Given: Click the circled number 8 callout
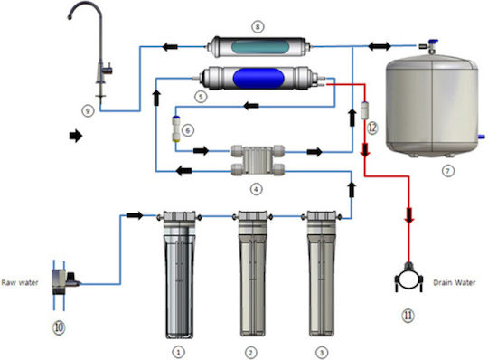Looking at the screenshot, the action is coord(258,27).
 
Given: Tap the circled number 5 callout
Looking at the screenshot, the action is coord(201,97).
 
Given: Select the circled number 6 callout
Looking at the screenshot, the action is coord(188,130).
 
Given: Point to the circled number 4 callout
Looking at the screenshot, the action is coord(256,189).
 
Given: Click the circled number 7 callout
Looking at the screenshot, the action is coord(448,171).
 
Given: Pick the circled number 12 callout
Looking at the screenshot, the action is coord(372,128).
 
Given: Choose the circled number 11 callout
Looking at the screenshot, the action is coord(408,316).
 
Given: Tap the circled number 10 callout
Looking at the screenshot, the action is coord(59,327).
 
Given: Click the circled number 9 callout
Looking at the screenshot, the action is coord(88,111).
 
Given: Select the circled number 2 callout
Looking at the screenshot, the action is coord(250,353).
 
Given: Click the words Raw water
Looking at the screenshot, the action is coord(20,283).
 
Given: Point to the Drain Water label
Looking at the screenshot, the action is coord(455,283).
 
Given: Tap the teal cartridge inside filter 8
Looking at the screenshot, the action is coord(260,47).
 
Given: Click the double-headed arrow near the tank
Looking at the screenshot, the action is coord(380,46).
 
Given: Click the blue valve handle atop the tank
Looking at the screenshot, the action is coord(433,42).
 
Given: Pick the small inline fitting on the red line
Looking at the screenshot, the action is coord(364,110).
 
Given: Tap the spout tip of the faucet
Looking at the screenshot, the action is coord(70,17).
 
